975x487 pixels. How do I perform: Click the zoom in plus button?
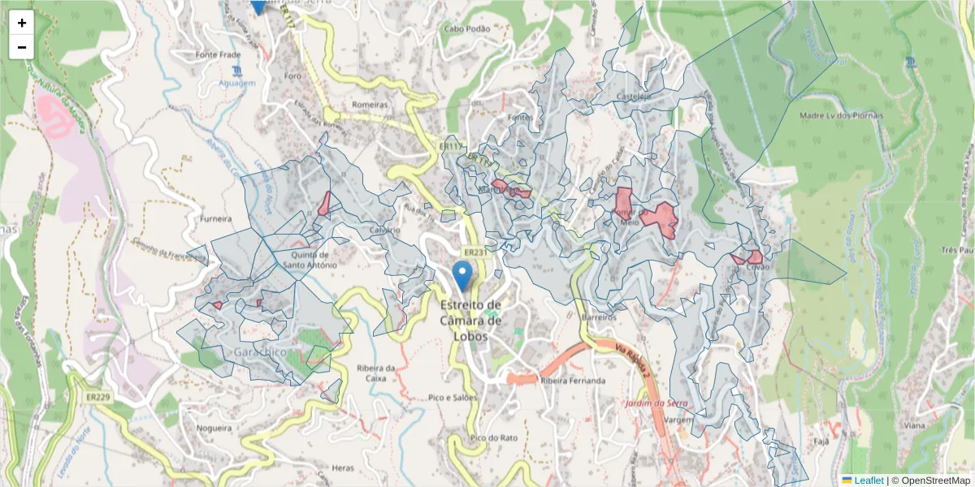click(x=22, y=23)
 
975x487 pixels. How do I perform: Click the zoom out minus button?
click(x=22, y=47)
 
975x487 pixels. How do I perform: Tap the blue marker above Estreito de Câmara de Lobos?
click(x=462, y=276)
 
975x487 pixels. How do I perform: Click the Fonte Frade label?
click(x=215, y=55)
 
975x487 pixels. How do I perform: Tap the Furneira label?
click(x=215, y=218)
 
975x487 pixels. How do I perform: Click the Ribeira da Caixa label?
click(x=375, y=373)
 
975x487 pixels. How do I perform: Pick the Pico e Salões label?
click(x=452, y=398)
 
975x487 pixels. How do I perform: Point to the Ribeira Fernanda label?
click(x=573, y=381)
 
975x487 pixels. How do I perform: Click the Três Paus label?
click(x=959, y=250)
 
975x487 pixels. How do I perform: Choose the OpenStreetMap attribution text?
click(x=931, y=481)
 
